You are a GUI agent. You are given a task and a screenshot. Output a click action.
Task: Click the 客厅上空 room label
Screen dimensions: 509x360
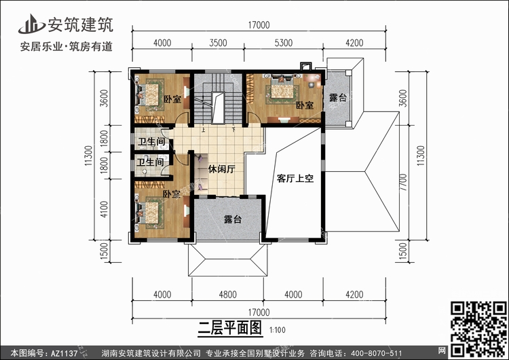[x=295, y=179]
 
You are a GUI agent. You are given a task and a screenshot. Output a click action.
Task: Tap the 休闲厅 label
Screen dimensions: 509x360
[x=221, y=169]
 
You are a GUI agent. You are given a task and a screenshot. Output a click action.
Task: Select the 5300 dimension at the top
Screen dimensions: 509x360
[x=284, y=43]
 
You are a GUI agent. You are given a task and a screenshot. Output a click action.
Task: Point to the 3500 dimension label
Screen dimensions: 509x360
[x=218, y=43]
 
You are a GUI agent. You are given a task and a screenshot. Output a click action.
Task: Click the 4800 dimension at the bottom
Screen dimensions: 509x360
[x=227, y=295]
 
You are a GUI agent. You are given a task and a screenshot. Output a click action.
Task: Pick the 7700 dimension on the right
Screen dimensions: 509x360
[x=403, y=182]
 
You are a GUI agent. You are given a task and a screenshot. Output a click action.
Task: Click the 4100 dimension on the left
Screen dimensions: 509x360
[x=104, y=209]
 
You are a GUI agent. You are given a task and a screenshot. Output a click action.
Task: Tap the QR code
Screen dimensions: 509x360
[x=479, y=329]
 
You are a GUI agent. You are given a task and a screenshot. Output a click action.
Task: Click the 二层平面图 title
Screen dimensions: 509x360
[x=230, y=327]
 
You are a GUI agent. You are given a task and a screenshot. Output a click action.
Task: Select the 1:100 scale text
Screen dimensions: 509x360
[x=277, y=330]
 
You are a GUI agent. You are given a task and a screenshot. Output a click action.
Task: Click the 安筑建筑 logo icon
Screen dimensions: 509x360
[x=31, y=24]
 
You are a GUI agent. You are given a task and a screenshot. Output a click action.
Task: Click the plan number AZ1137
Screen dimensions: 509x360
[x=64, y=353]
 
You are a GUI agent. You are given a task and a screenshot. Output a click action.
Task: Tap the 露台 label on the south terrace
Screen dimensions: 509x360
[x=233, y=219]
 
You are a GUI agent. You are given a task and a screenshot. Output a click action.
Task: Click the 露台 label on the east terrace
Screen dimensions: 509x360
[x=338, y=98]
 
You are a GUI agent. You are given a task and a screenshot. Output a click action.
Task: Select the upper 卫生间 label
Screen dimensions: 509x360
[x=151, y=142]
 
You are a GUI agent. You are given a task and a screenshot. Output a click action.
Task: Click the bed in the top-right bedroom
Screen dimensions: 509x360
[x=282, y=90]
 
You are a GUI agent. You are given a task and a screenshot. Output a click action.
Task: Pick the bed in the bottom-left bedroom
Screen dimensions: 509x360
[x=150, y=213]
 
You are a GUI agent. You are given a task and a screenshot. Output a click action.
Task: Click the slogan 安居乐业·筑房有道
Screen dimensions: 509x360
[x=67, y=46]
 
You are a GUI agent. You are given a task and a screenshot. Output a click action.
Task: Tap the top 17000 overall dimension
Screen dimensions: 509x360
[x=259, y=25]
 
